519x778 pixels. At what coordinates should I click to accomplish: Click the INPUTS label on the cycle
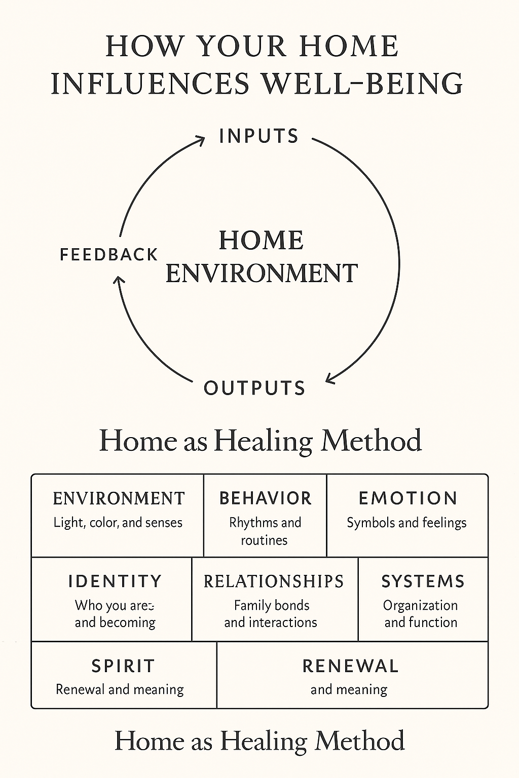point(259,136)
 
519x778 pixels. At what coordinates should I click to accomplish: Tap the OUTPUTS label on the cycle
point(254,388)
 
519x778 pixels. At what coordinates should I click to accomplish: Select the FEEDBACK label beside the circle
point(109,254)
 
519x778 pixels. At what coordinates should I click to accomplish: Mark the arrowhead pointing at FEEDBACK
point(119,281)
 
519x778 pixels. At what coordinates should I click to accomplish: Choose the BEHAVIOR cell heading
point(265,498)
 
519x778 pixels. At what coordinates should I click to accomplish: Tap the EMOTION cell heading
point(408,498)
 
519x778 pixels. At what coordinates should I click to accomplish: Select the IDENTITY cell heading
point(115,581)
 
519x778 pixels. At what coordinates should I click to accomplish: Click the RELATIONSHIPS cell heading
point(274,581)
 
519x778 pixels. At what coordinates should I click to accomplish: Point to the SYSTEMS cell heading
point(423,581)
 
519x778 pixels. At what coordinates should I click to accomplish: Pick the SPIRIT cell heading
point(123,666)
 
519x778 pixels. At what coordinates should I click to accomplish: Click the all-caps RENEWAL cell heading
point(350,666)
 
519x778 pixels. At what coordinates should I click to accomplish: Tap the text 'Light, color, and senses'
point(118,523)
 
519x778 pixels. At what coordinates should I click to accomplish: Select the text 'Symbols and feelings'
point(406,523)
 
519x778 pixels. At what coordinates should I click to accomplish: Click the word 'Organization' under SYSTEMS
point(420,606)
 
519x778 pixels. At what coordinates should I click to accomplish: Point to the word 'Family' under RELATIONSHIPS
point(250,606)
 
